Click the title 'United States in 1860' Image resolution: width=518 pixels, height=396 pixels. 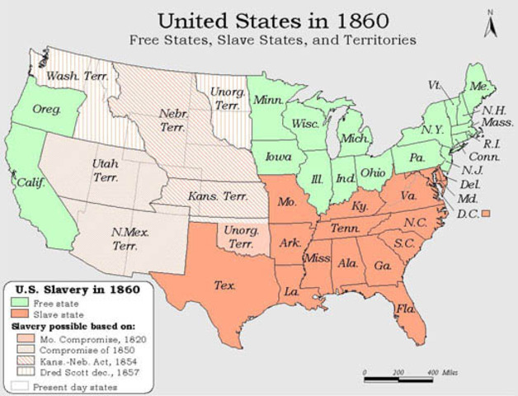tap(263, 18)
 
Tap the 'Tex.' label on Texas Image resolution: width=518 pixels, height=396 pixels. tap(224, 285)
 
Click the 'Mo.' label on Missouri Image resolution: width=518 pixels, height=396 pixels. tap(285, 201)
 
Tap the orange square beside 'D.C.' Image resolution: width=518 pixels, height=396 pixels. tap(486, 214)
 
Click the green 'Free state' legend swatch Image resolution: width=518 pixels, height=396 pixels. tap(21, 303)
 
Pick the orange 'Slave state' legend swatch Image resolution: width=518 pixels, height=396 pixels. tap(21, 314)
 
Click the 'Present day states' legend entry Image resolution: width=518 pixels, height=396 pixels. tap(66, 385)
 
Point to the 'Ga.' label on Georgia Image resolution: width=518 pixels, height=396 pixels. tap(382, 266)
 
